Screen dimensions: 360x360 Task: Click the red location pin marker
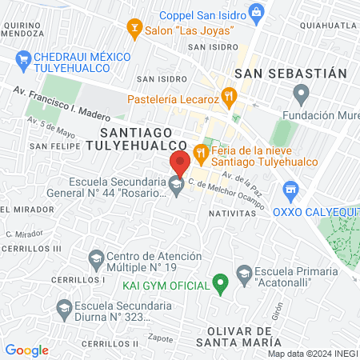(x=179, y=162)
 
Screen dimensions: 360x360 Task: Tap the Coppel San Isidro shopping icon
(x=255, y=12)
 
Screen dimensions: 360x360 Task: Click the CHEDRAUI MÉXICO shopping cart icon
(x=23, y=58)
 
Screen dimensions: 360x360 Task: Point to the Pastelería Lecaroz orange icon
(x=230, y=99)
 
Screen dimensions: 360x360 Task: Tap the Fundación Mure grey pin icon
(x=301, y=96)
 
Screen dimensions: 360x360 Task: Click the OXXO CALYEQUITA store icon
(x=290, y=191)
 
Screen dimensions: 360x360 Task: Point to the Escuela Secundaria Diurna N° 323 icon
(x=62, y=307)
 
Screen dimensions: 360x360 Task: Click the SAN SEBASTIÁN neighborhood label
(x=290, y=73)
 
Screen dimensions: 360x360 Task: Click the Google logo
(x=26, y=350)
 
